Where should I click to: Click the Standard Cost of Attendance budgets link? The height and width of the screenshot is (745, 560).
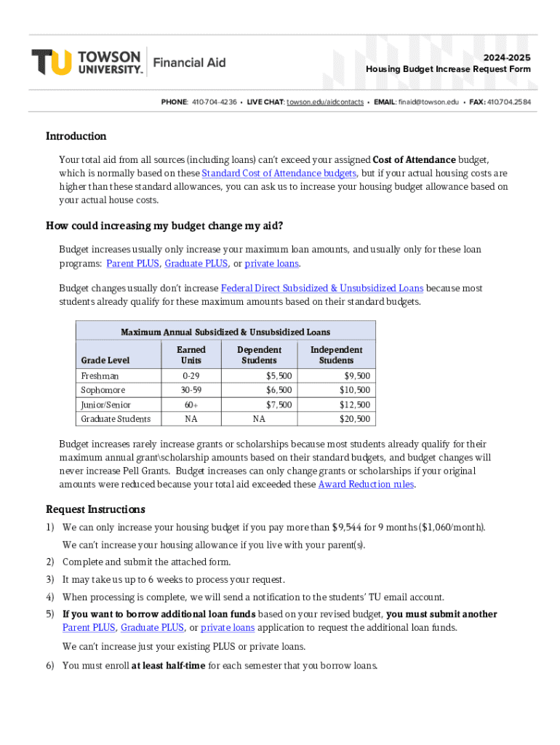click(279, 173)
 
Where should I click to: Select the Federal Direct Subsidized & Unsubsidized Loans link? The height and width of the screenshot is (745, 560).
click(321, 288)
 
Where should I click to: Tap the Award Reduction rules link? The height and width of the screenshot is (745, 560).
click(366, 484)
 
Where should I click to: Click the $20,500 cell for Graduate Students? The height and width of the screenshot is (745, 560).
click(354, 418)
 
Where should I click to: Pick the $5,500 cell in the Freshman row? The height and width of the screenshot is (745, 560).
click(279, 375)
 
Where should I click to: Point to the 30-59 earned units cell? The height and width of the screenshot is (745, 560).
click(191, 390)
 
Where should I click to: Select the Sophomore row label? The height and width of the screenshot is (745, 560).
click(103, 390)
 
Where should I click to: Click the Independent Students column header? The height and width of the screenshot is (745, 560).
click(336, 355)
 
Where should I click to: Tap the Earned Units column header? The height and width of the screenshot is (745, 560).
click(191, 355)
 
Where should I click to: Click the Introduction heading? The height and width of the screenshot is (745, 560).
click(76, 136)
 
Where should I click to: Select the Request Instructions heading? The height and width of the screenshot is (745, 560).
click(95, 509)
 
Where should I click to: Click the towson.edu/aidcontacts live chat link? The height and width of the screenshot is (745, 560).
click(325, 102)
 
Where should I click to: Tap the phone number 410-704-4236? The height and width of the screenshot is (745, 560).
click(214, 102)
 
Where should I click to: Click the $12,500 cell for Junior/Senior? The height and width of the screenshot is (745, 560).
click(354, 405)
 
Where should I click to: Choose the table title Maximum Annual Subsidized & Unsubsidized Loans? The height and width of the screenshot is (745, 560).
click(225, 332)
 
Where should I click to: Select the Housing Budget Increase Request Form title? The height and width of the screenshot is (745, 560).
click(448, 69)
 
